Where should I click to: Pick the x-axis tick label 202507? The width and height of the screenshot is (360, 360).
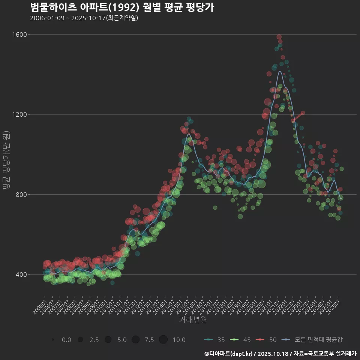pyautogui.click(x=334, y=305)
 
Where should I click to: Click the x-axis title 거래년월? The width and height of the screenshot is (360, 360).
pyautogui.click(x=193, y=320)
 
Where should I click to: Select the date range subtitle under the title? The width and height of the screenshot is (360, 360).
pyautogui.click(x=84, y=18)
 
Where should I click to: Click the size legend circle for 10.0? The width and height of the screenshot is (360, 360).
pyautogui.click(x=163, y=339)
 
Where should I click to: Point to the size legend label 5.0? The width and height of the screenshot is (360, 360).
pyautogui.click(x=121, y=340)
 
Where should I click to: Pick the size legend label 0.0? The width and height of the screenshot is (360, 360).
pyautogui.click(x=66, y=340)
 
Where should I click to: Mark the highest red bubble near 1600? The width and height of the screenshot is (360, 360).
pyautogui.click(x=279, y=37)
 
